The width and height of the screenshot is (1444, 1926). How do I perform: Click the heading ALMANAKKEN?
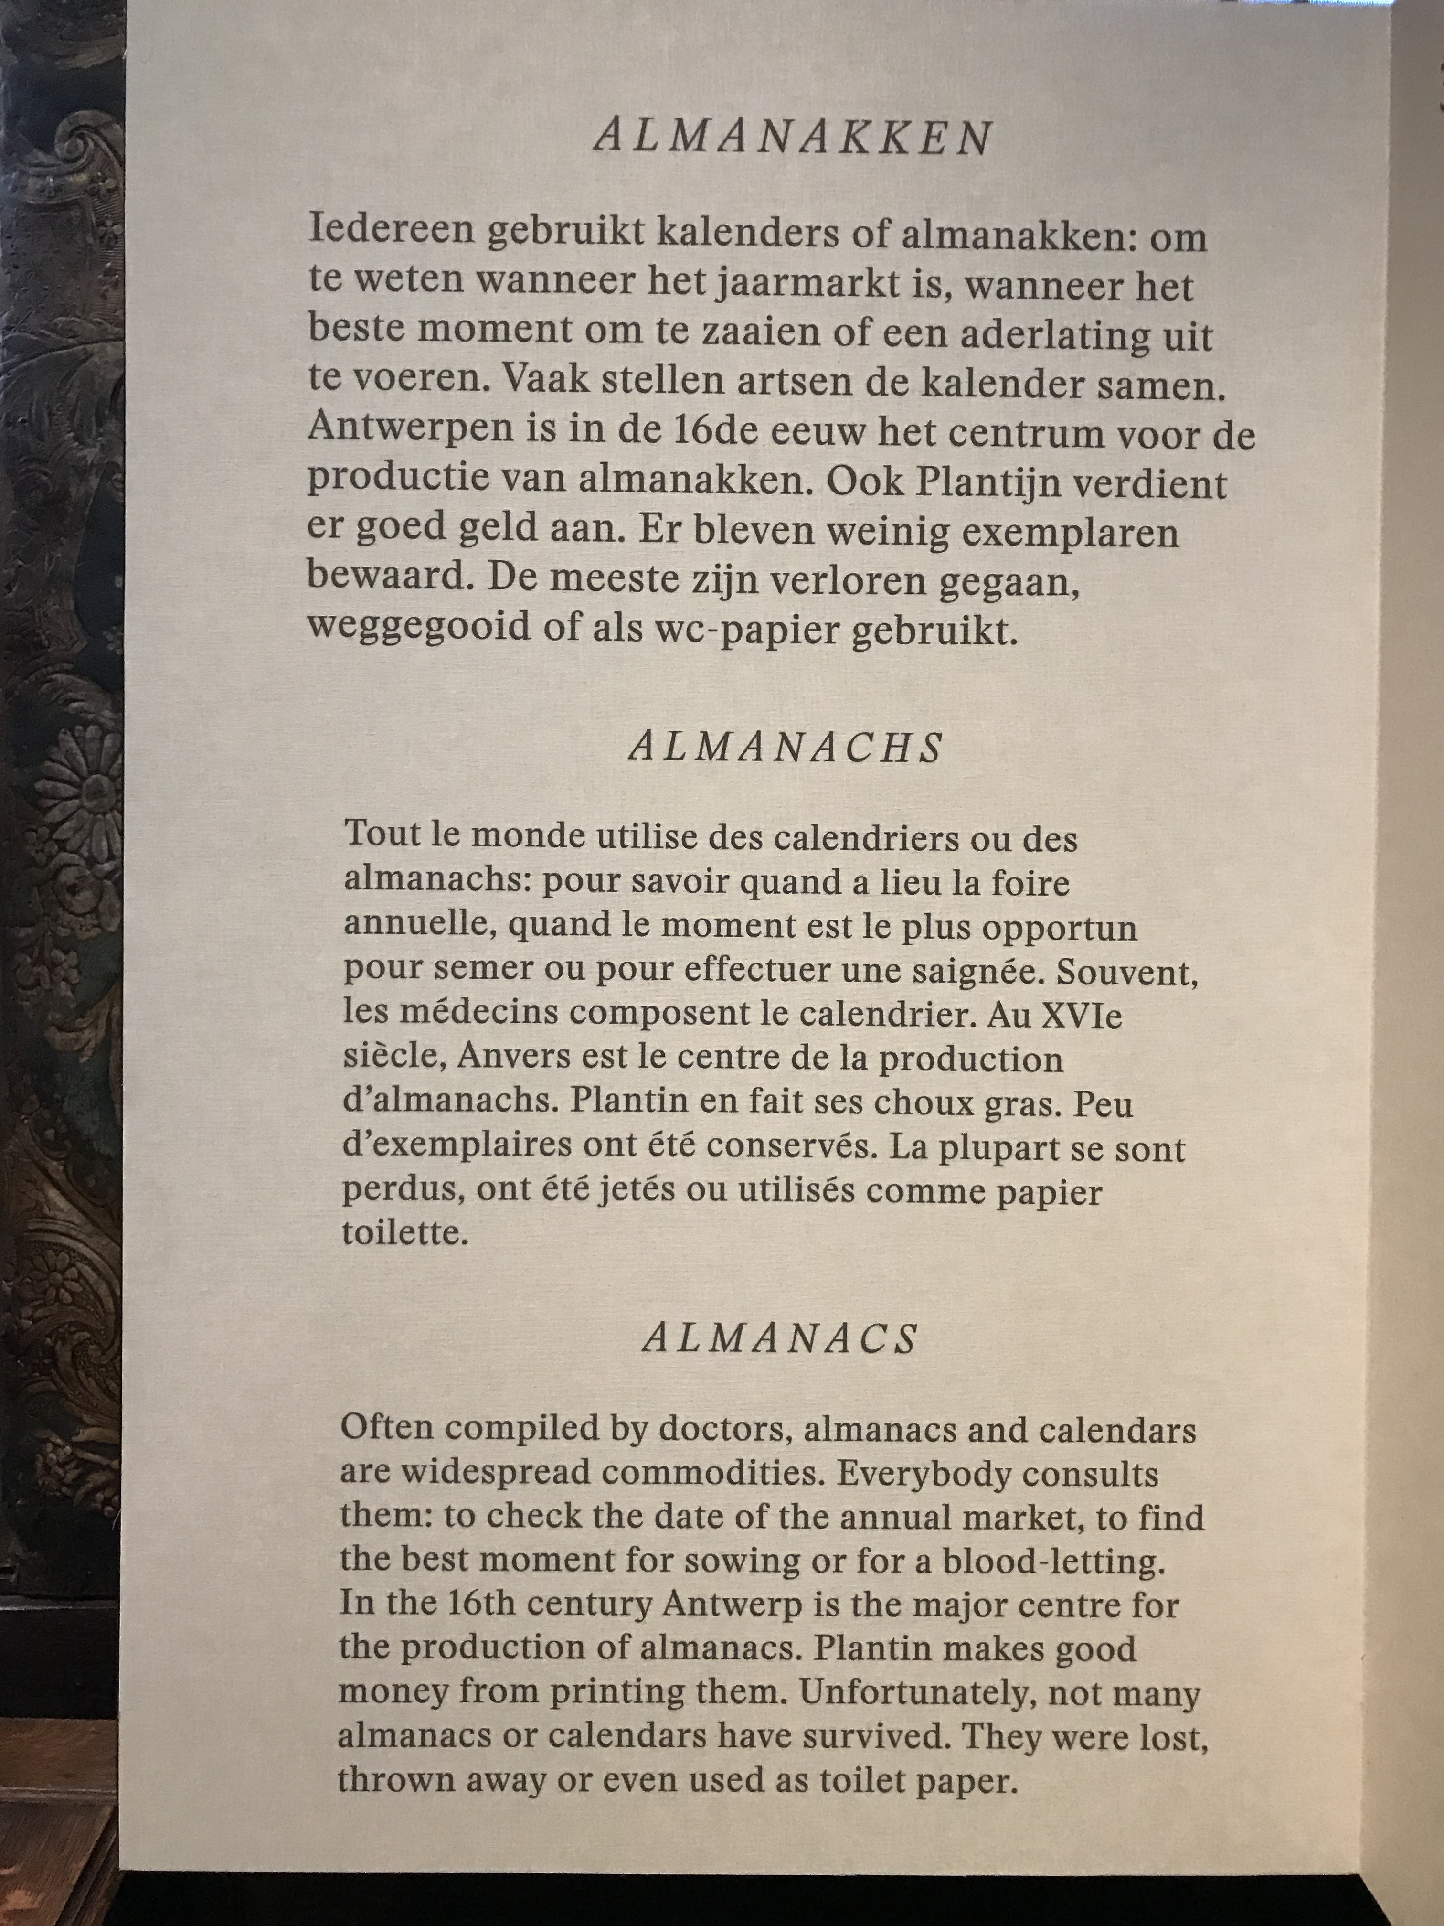tap(792, 138)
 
